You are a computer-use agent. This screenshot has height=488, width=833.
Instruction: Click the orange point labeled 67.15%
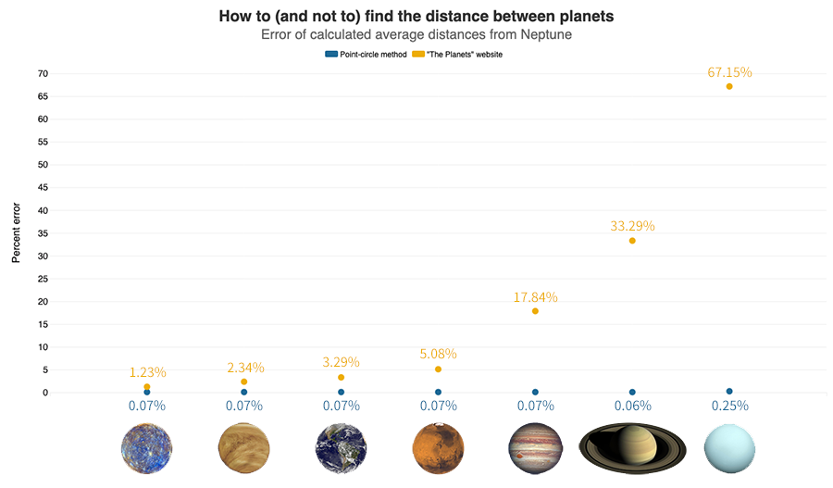coord(729,86)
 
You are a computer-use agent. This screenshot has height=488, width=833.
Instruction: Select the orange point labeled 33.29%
coord(632,241)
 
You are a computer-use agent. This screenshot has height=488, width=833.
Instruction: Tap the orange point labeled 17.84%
coord(535,311)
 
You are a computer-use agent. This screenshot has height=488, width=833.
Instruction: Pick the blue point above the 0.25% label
coord(729,392)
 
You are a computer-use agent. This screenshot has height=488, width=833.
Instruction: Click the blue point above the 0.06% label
coord(632,393)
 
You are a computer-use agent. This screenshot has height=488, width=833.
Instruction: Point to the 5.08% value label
coord(439,354)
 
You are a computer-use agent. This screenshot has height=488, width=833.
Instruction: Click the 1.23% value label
coord(148,372)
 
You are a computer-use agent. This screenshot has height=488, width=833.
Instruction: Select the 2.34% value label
coord(245,368)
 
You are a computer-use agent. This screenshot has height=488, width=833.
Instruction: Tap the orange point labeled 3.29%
coord(341,378)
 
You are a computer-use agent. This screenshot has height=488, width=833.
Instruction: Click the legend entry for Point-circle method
coord(366,55)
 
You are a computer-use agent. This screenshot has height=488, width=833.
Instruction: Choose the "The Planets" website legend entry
coord(457,55)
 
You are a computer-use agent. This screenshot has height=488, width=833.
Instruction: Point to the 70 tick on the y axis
coord(43,74)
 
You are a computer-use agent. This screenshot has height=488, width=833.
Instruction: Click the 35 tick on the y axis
coord(43,233)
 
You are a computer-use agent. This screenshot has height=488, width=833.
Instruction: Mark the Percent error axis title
coord(16,232)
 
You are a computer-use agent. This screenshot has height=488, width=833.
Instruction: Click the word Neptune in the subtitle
coord(546,34)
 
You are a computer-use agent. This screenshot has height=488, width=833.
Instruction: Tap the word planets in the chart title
coord(587,17)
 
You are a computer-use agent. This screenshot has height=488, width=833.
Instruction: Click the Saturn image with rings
coord(632,449)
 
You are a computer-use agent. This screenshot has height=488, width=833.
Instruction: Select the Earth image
coord(341,449)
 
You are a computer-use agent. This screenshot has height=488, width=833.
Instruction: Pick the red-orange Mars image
coord(439,449)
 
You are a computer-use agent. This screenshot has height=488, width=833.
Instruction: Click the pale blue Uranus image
coord(729,449)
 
